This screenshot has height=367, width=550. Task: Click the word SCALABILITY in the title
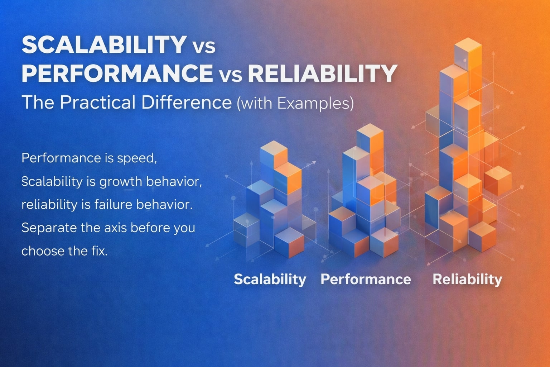[x=103, y=45]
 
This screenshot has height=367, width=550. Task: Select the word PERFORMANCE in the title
[x=117, y=73]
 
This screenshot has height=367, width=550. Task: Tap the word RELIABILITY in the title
[x=322, y=73]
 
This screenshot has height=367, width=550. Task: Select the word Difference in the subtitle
[x=187, y=103]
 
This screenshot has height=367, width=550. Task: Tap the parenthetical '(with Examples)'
[x=295, y=103]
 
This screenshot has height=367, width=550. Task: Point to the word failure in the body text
[x=114, y=205]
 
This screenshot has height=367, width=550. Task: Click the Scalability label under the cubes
[x=270, y=279]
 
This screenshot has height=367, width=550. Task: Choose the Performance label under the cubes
[x=366, y=279]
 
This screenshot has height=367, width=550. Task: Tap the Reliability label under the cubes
[x=467, y=279]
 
